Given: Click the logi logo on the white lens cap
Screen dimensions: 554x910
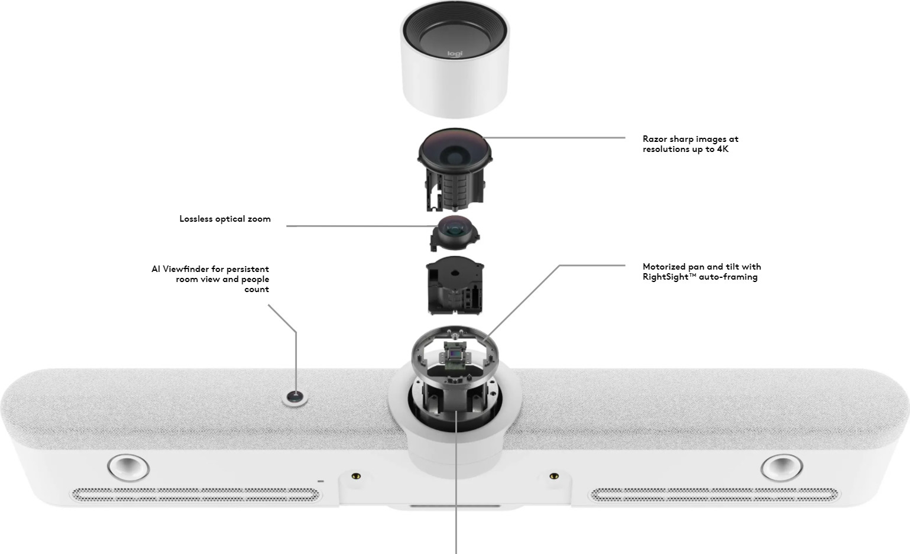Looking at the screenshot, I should [455, 54].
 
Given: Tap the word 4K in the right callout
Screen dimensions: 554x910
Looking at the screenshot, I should [723, 149].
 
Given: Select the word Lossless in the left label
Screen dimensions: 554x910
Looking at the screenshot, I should [196, 219].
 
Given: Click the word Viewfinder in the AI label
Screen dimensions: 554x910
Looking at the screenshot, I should [186, 269].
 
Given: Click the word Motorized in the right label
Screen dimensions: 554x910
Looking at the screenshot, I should [664, 267].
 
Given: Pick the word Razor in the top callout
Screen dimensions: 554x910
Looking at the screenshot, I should [655, 139].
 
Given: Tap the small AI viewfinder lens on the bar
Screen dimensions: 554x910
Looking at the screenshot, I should [294, 397].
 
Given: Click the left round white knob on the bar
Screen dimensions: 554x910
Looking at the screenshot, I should [128, 466].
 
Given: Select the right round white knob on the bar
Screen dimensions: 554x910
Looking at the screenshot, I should [782, 466].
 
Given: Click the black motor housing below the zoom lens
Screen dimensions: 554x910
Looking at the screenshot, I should [455, 287].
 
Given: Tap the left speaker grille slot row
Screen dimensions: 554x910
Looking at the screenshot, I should [195, 494].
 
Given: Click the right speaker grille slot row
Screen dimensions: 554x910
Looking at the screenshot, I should [714, 494].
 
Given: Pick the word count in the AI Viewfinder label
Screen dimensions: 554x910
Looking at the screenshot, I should [257, 290].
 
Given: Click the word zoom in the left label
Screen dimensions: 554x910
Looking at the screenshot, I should [259, 219].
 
